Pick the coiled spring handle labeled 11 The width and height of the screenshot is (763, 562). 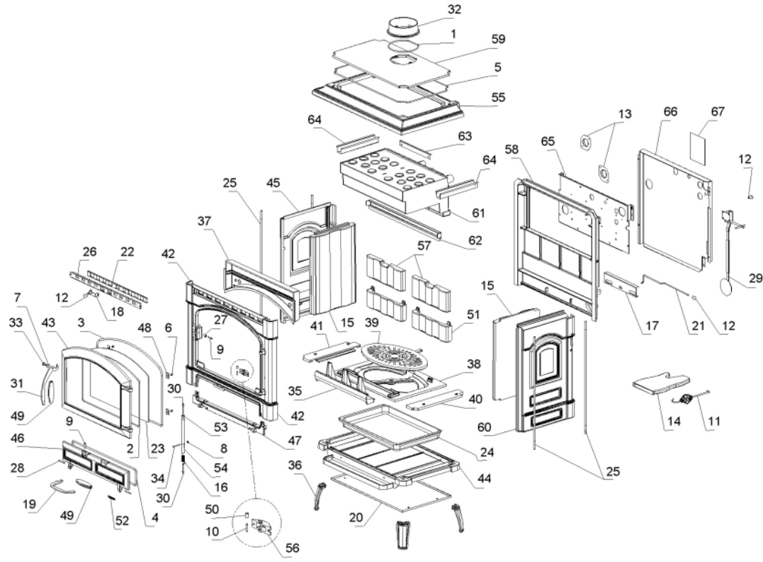pyautogui.click(x=686, y=400)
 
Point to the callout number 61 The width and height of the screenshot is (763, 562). pyautogui.click(x=462, y=213)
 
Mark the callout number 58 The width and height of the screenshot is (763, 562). pyautogui.click(x=512, y=149)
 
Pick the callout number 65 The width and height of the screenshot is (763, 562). pyautogui.click(x=547, y=142)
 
